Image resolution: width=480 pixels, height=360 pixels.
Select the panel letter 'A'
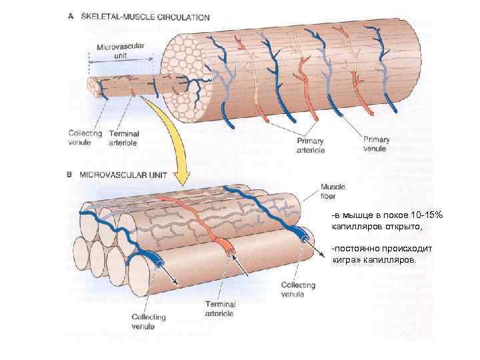click(x=71, y=17)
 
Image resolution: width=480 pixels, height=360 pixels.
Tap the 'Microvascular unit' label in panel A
click(x=121, y=51)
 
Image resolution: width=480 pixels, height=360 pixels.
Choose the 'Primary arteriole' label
click(x=310, y=145)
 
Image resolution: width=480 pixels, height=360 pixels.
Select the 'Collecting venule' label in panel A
click(x=85, y=137)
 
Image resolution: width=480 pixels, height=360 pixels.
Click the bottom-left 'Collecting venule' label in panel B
click(x=148, y=321)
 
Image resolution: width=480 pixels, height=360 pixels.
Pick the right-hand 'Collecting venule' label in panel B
click(x=297, y=289)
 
